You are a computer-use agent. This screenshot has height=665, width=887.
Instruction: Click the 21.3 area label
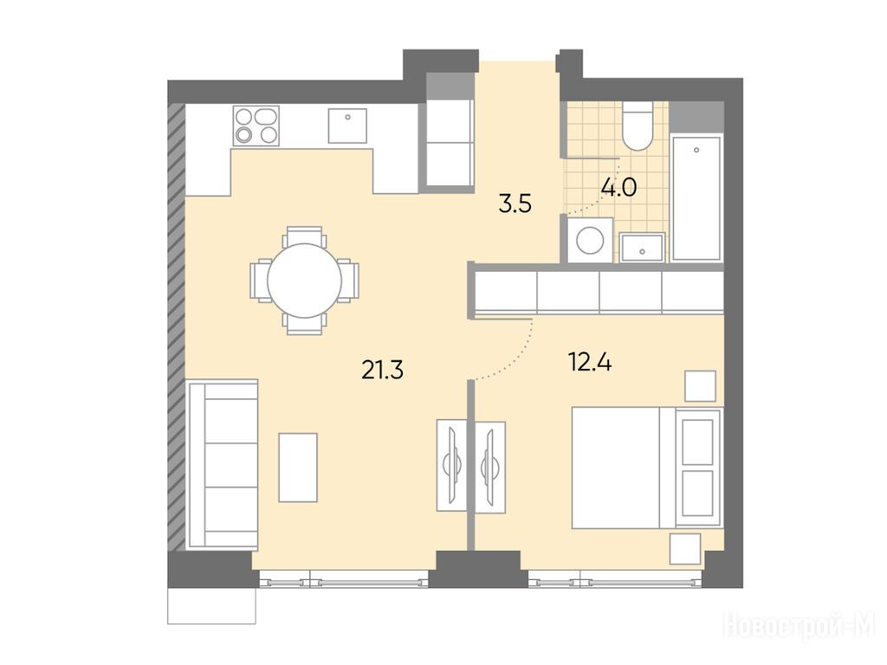click(382, 371)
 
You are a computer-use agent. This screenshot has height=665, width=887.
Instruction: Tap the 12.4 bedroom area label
click(590, 362)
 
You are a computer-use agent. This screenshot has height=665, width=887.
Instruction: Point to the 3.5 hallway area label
click(515, 203)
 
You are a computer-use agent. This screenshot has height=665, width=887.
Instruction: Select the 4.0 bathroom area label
click(618, 187)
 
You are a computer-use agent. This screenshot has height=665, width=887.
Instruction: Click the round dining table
click(304, 281)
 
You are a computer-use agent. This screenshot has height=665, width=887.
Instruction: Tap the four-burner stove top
click(256, 126)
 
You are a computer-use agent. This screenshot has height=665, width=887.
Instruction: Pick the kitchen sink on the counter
click(348, 126)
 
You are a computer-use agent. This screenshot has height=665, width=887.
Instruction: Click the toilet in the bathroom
click(638, 126)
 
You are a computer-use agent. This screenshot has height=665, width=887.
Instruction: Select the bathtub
click(696, 198)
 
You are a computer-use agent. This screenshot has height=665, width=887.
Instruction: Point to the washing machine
click(590, 241)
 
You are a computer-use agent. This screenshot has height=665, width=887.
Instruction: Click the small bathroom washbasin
click(642, 248)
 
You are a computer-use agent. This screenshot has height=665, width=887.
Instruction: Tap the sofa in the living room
click(223, 464)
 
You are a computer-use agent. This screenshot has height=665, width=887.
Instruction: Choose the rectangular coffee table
click(298, 468)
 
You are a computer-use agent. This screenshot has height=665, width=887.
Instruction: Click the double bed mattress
click(616, 468)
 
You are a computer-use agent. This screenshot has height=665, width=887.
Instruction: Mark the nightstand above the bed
click(700, 386)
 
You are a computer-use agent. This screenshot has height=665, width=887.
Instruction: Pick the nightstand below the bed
click(685, 548)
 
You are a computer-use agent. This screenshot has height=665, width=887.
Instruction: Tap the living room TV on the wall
click(453, 466)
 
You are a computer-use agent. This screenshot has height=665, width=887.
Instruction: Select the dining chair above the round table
click(304, 236)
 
